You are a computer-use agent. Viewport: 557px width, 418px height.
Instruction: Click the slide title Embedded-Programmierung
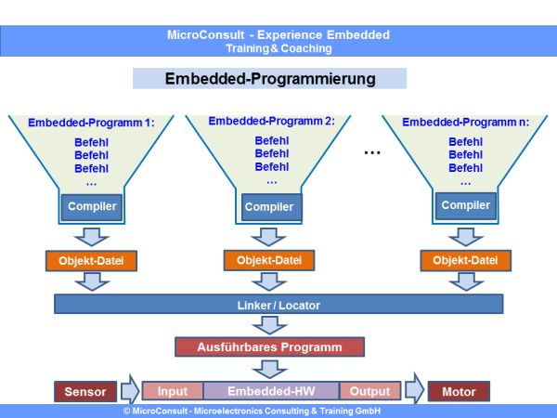click(x=270, y=79)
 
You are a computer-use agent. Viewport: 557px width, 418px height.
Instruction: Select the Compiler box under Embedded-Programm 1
click(x=91, y=205)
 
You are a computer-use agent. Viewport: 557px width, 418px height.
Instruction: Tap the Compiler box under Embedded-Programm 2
click(x=268, y=207)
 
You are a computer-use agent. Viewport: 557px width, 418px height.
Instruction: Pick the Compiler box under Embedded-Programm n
click(x=465, y=205)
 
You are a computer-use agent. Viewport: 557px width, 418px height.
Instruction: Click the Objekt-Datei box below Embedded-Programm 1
click(x=91, y=261)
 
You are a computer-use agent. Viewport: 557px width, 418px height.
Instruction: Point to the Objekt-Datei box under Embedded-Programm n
click(x=463, y=260)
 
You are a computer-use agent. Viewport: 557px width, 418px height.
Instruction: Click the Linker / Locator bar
click(x=278, y=305)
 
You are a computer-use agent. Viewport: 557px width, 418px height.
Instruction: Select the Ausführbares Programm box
click(x=269, y=347)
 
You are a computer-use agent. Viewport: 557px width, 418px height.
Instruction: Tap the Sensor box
click(x=85, y=391)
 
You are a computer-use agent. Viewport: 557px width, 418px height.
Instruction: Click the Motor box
click(x=459, y=391)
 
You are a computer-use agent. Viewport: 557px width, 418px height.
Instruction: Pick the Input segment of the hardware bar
click(x=173, y=391)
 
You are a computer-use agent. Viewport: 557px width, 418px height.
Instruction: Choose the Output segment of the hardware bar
click(x=370, y=391)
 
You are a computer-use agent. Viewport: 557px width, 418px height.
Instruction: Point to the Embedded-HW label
click(x=271, y=391)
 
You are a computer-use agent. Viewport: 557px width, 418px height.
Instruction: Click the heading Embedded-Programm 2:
click(x=271, y=121)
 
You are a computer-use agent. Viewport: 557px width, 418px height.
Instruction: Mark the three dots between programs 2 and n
click(x=371, y=151)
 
